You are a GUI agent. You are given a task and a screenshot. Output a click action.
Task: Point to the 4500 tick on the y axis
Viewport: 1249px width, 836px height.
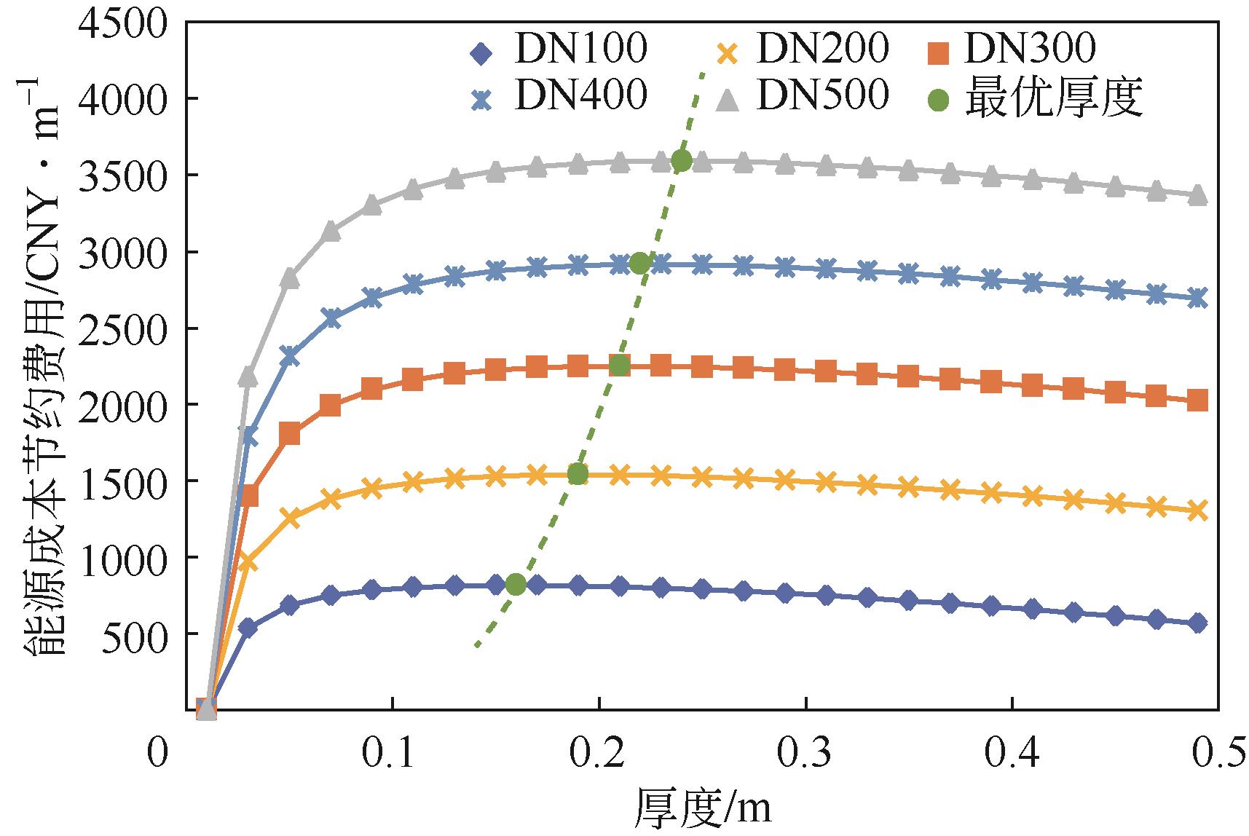[x=123, y=23]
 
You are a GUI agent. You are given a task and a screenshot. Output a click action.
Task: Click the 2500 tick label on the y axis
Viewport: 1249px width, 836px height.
[x=123, y=328]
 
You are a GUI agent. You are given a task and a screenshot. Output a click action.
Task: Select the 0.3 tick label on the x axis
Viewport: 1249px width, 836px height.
[x=805, y=754]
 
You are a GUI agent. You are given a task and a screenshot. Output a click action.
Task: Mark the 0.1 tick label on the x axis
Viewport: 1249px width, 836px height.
[x=391, y=754]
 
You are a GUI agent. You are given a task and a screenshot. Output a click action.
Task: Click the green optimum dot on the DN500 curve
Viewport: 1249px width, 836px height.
[x=682, y=161]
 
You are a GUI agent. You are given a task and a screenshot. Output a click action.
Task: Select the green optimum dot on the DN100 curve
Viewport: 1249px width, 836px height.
[x=516, y=584]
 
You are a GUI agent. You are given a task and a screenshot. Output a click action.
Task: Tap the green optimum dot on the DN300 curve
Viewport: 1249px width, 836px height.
[x=619, y=366]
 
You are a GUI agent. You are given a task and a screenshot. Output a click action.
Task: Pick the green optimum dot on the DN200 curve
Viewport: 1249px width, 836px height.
[x=578, y=474]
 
